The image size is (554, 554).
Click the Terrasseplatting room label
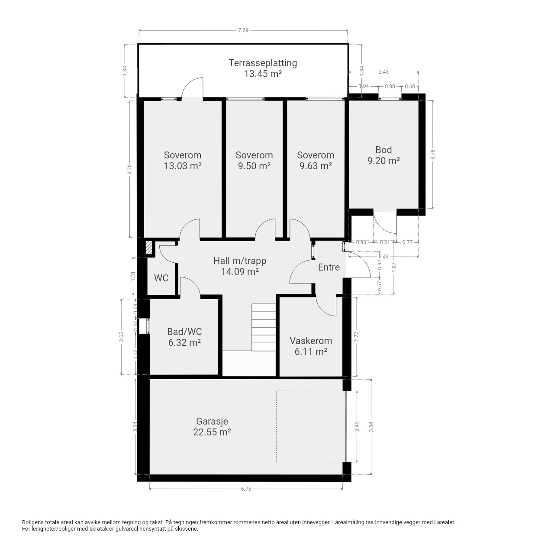(x=262, y=63)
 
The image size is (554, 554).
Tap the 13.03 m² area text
(x=183, y=166)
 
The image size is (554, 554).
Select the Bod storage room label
(x=383, y=150)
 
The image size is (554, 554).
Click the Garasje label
(x=212, y=421)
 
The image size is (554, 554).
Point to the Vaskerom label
(x=311, y=341)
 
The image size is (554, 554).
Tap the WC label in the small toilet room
(x=161, y=278)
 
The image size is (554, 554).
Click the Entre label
(x=329, y=267)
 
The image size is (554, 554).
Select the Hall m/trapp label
(x=240, y=261)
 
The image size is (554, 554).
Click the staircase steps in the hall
(x=264, y=327)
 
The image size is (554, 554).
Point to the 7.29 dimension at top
(x=243, y=30)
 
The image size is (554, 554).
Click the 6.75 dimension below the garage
(x=246, y=489)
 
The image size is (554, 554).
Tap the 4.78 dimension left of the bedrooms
(x=130, y=169)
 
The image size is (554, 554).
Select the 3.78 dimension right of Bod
(x=433, y=155)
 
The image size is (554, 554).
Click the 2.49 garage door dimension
(x=357, y=426)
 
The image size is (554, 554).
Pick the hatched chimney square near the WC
(x=148, y=248)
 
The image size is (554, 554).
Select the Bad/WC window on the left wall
(x=144, y=326)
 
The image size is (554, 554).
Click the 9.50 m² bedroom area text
(x=254, y=166)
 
